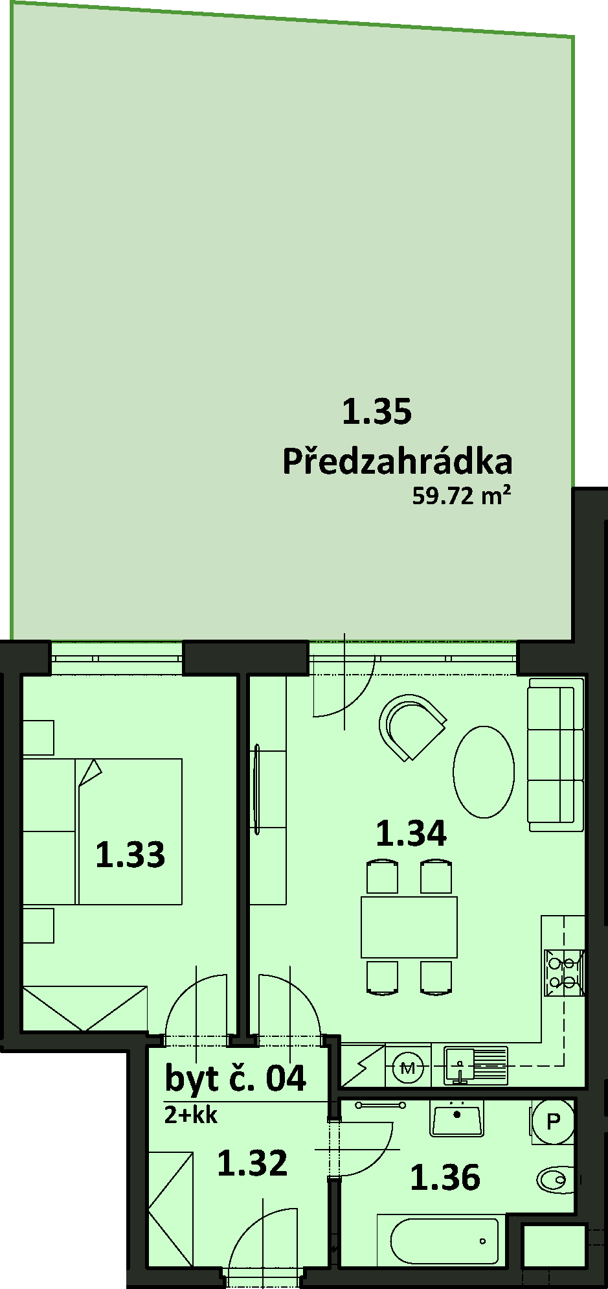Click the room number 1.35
point(376,412)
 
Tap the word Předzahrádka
point(398,461)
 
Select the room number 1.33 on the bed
point(130,854)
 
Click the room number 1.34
point(411,833)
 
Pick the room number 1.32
point(252,1163)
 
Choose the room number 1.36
point(445,1177)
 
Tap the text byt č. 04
point(236,1078)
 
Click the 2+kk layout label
point(190,1115)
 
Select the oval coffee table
point(484,772)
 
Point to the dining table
point(409,927)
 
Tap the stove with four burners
point(564,972)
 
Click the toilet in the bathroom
point(556,1179)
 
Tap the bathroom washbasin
point(457,1120)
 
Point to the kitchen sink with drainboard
point(475,1065)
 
